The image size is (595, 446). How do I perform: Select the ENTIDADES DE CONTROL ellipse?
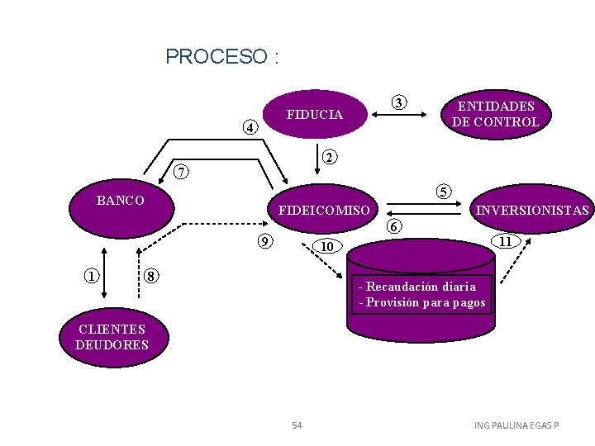495,114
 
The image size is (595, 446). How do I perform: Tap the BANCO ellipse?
121,202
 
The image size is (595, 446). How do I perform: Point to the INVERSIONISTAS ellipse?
532,211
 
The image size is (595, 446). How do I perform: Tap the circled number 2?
328,157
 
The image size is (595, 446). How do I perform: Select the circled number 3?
399,103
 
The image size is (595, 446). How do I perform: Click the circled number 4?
250,128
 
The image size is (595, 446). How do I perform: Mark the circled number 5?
444,192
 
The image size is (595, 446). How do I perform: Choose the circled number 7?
182,173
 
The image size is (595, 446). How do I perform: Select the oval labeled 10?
327,246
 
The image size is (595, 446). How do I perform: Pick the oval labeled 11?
504,242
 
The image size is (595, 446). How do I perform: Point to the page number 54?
297,425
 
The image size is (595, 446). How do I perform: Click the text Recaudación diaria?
421,287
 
